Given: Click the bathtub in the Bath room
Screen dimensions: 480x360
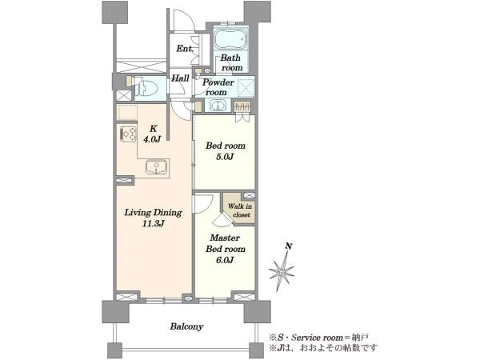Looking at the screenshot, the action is click(x=231, y=38).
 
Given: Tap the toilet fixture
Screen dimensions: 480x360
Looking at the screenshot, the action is click(x=147, y=89).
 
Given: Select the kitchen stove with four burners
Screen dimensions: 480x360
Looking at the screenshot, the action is click(x=128, y=134).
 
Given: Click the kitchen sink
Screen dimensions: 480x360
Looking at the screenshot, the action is click(x=157, y=167).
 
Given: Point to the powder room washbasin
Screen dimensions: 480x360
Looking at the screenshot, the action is click(x=218, y=106).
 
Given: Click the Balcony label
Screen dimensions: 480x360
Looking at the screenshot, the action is click(x=186, y=326).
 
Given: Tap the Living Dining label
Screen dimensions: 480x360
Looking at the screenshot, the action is click(x=153, y=213).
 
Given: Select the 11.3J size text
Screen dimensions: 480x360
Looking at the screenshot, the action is click(x=153, y=224).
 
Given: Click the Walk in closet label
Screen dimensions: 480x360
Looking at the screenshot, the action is click(x=240, y=210).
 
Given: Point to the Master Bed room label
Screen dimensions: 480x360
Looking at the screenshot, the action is click(x=226, y=243).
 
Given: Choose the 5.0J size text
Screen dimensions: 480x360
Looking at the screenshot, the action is click(x=226, y=157).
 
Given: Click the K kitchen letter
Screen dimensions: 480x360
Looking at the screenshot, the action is click(x=153, y=128).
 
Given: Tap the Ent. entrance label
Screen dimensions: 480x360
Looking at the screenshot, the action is click(x=185, y=48).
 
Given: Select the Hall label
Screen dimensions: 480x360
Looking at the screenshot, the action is click(x=180, y=78).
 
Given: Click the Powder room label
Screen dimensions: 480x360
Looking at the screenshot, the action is click(x=218, y=87).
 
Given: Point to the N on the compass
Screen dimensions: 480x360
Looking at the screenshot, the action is click(x=288, y=246).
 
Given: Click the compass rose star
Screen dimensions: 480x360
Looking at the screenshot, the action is click(x=282, y=270).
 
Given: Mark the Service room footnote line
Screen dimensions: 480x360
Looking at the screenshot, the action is click(x=318, y=338).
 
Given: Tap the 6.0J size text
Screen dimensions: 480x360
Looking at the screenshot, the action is click(x=226, y=260).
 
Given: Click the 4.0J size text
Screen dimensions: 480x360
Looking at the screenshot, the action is click(x=152, y=139).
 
